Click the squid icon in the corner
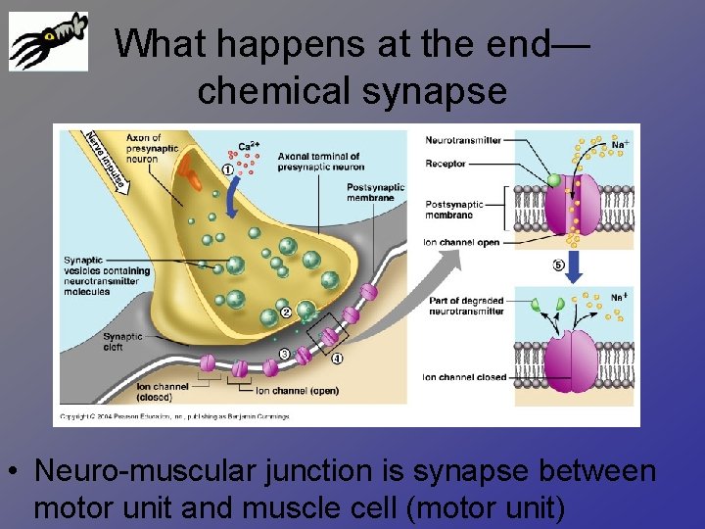[x=48, y=41]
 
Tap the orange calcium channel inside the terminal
[x=193, y=179]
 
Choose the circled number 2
[x=286, y=313]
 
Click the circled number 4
[x=337, y=359]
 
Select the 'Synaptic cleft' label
[x=122, y=341]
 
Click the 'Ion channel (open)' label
[x=297, y=391]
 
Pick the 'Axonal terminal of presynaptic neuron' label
[x=319, y=161]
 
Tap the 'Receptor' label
[x=446, y=164]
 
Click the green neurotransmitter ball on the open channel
[x=554, y=180]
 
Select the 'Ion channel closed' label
[x=464, y=377]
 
